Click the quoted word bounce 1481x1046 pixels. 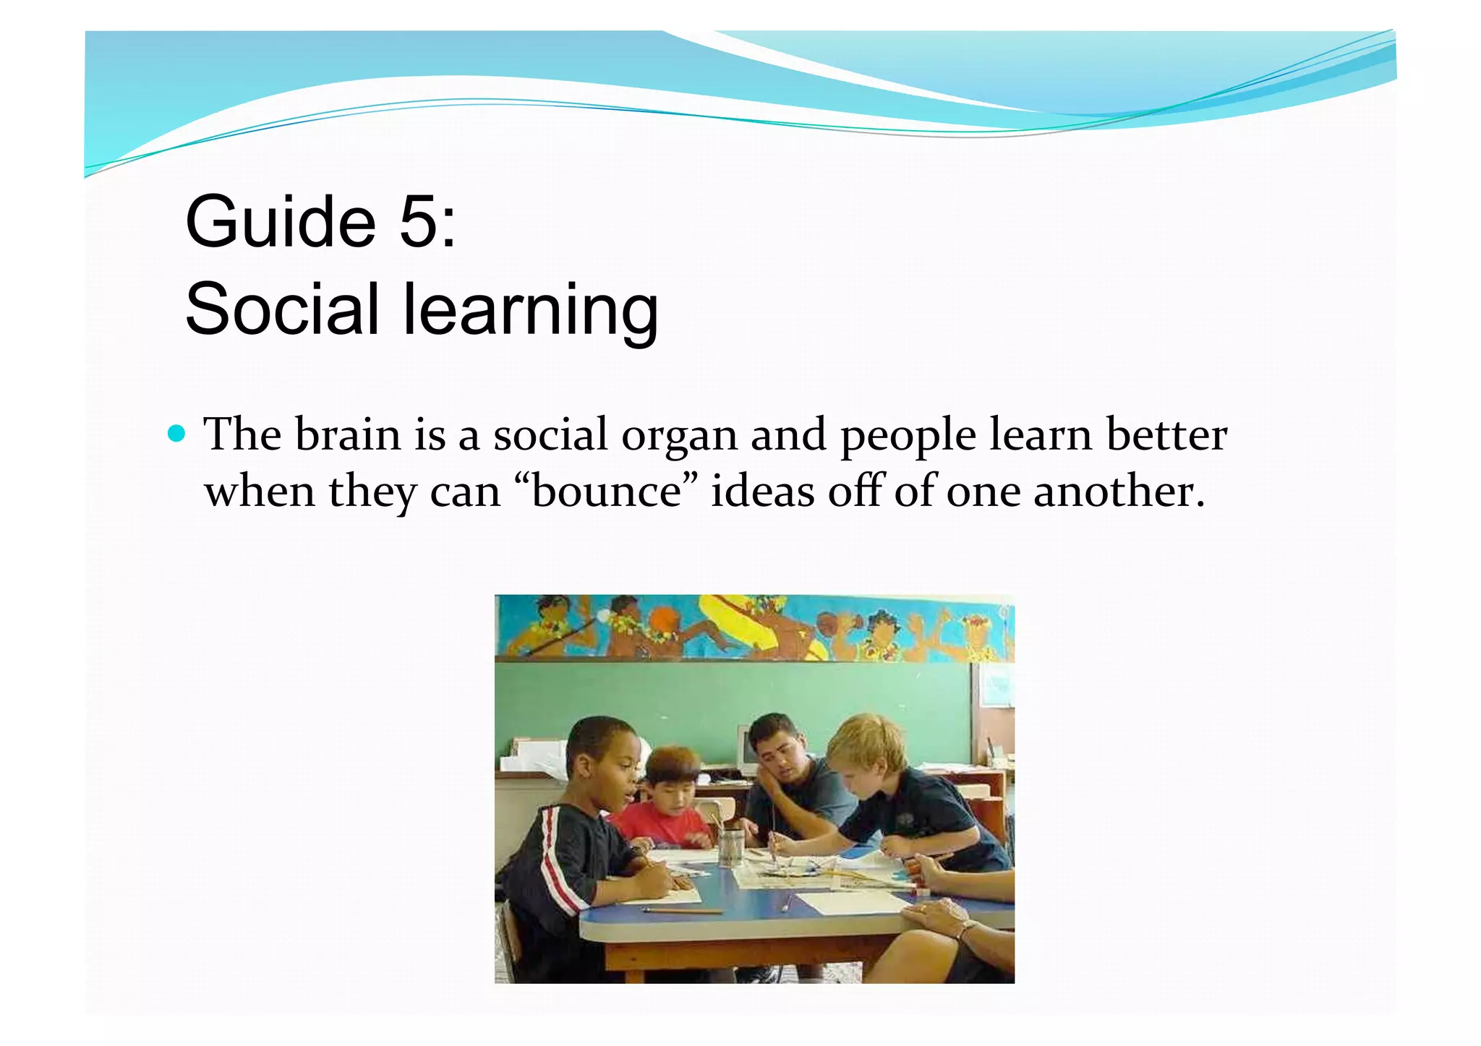click(608, 492)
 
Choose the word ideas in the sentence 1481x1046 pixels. click(763, 492)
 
